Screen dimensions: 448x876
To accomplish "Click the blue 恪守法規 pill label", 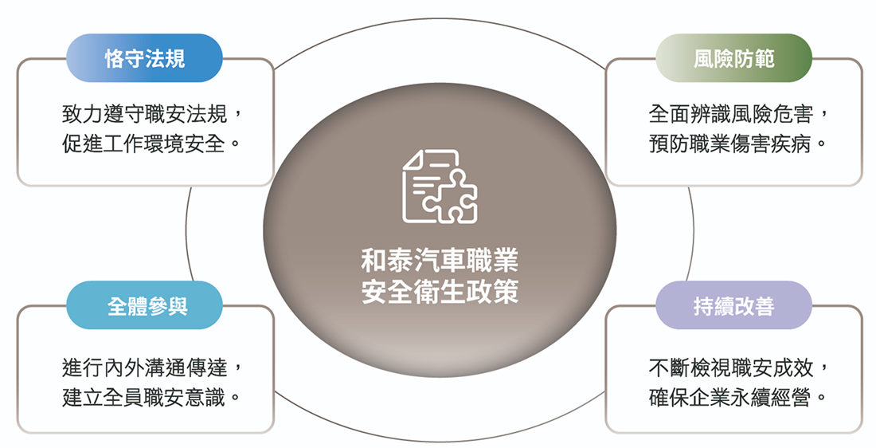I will tap(144, 58).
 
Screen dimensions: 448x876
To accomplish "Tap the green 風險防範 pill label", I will tap(733, 58).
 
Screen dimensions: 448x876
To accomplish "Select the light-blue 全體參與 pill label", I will tap(144, 305).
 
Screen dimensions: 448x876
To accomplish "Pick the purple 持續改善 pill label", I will tap(733, 305).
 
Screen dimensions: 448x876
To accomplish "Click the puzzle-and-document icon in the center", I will tap(439, 186).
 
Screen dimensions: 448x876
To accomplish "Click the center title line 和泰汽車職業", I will tap(440, 261).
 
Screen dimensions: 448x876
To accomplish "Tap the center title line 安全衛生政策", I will tap(440, 292).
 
